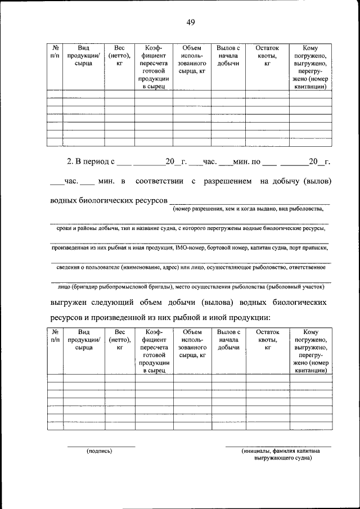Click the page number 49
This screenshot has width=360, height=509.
click(x=191, y=22)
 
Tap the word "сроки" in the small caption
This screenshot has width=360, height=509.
click(x=66, y=228)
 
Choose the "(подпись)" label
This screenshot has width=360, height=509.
click(x=99, y=451)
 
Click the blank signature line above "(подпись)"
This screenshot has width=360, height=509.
click(x=101, y=446)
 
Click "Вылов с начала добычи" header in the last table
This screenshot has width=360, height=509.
click(x=228, y=340)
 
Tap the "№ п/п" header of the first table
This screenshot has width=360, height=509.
click(x=55, y=52)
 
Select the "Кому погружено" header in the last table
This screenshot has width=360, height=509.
click(x=310, y=336)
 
